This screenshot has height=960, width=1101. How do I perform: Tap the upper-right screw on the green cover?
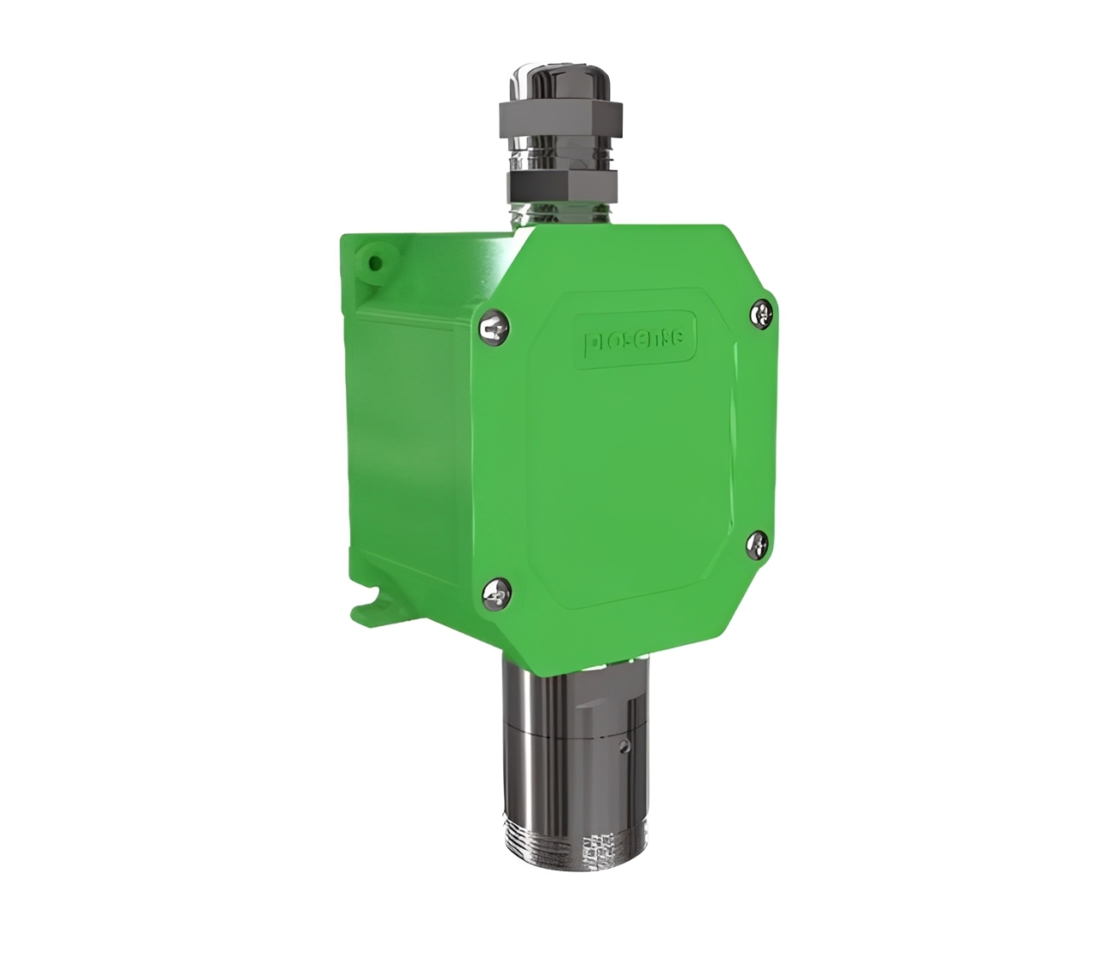[x=763, y=313]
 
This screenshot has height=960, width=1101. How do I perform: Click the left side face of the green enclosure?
[x=404, y=430]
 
